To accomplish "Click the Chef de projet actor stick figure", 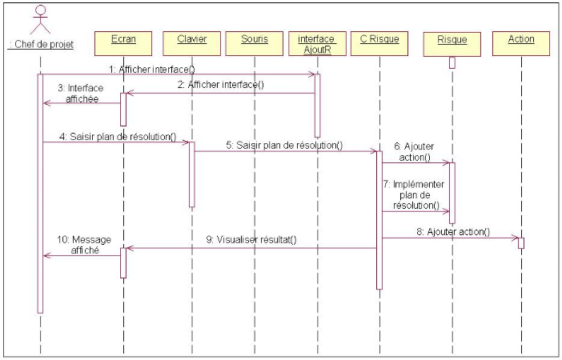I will pos(40,19).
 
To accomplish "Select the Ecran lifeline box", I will pos(124,39).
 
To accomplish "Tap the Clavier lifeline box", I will pos(191,39).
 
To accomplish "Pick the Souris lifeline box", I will pos(255,39).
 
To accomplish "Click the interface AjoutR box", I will pos(316,43).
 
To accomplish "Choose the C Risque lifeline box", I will pos(379,39).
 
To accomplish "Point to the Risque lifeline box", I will pos(452,39).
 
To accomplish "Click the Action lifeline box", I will pos(520,39).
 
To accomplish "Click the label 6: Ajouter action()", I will pos(413,150).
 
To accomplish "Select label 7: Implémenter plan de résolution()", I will pos(415,194).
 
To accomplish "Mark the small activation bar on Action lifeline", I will pos(520,242).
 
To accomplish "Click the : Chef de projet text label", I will pos(40,45).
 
